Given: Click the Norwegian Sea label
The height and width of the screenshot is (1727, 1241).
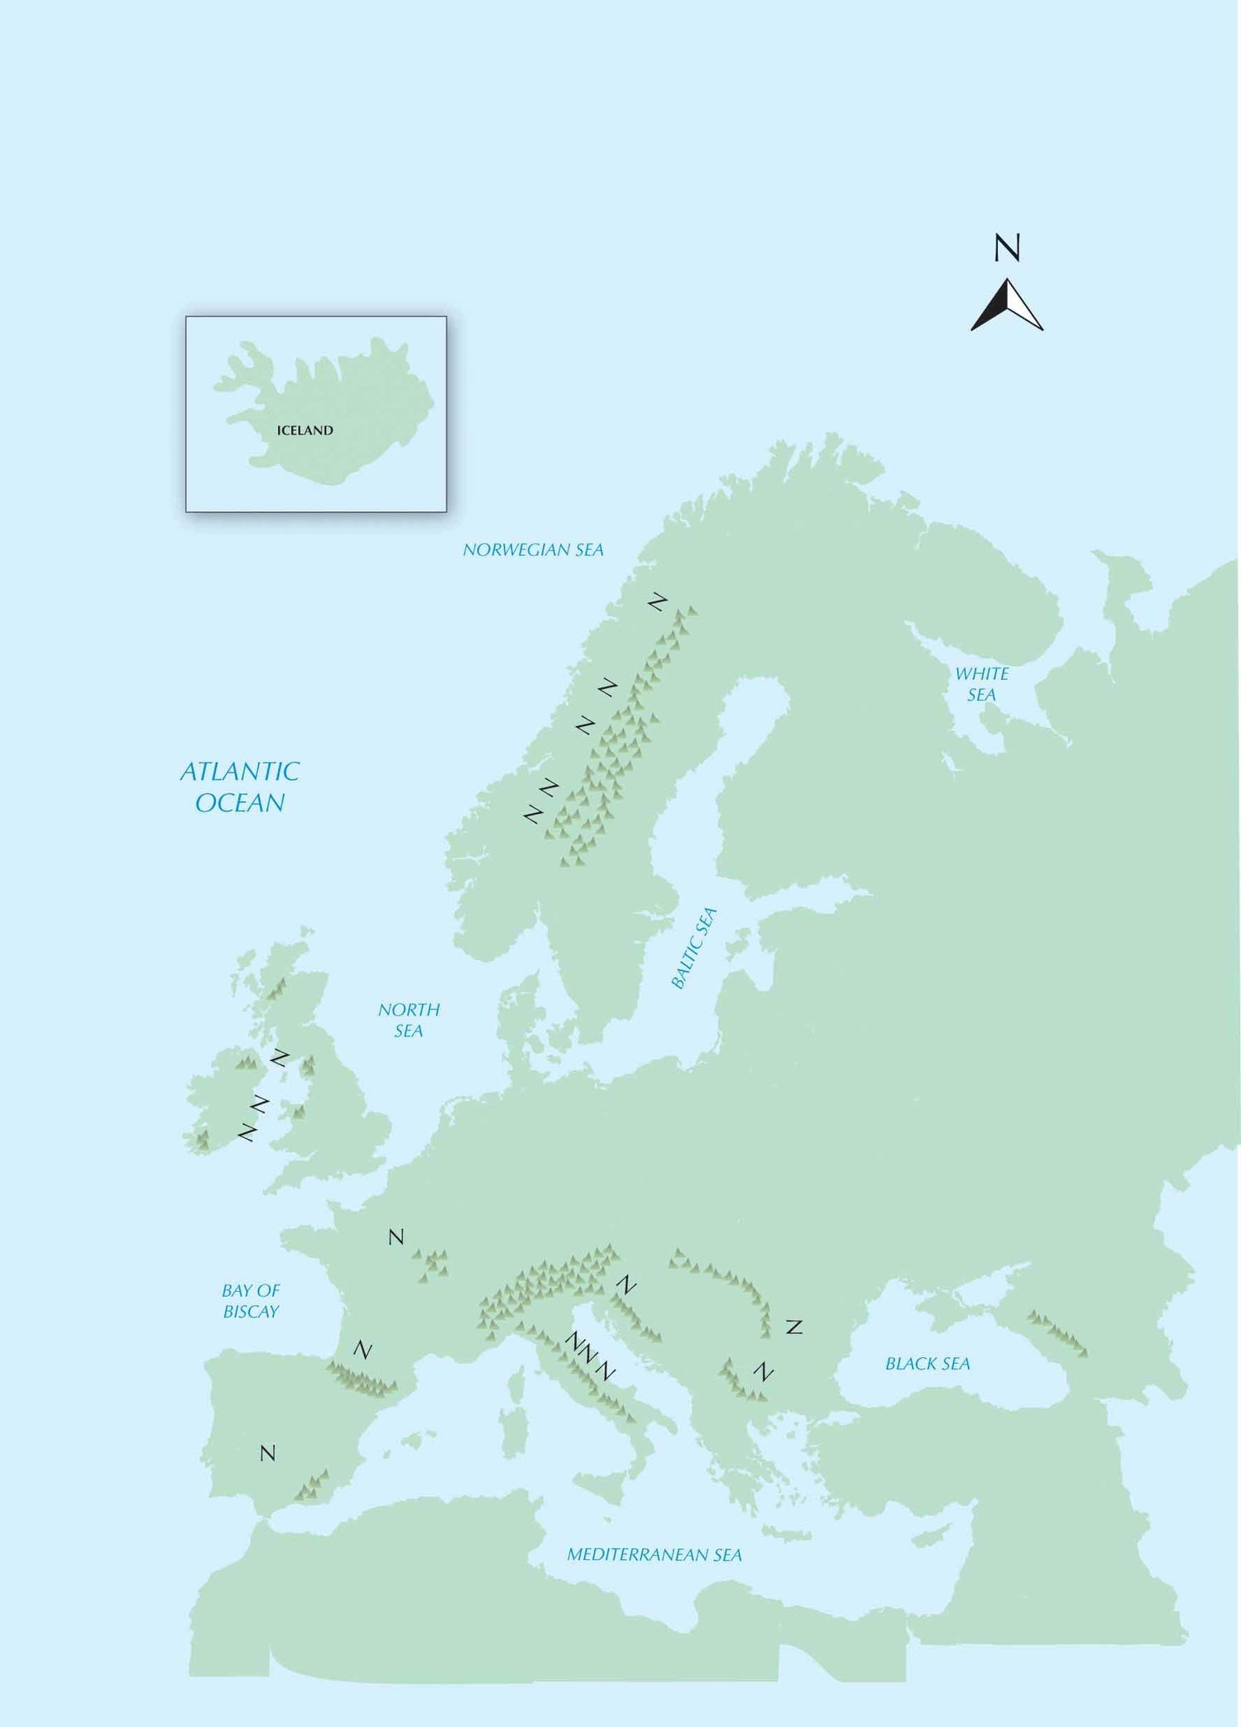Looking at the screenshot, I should [533, 550].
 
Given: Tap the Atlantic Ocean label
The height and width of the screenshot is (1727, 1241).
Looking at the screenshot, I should [240, 787].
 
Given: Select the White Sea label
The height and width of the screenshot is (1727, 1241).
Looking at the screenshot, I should [982, 684].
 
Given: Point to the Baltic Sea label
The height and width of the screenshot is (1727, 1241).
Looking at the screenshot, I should [694, 948].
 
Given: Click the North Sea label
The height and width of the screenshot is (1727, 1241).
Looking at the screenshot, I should [409, 1020].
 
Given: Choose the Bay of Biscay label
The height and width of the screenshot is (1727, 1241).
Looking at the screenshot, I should [251, 1300].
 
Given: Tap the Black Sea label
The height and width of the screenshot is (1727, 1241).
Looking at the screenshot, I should [927, 1364].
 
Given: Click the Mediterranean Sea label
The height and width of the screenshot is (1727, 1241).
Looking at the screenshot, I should [654, 1555].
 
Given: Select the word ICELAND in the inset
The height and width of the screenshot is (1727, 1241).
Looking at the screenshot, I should [304, 430].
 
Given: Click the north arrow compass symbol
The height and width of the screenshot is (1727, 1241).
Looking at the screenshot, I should [1007, 306].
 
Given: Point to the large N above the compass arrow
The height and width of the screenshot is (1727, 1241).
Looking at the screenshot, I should [1007, 248].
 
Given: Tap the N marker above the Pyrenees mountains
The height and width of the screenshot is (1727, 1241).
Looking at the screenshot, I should [362, 1350].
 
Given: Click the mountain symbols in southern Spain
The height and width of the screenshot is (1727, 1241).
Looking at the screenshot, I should [313, 1486].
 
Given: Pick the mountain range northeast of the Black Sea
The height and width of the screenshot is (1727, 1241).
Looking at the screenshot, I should [1057, 1333].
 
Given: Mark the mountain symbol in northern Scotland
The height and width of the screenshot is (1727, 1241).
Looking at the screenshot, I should [276, 988].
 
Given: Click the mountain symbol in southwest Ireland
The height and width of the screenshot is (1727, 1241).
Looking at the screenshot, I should [201, 1141].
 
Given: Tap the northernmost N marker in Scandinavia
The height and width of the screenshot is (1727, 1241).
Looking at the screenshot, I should [658, 602].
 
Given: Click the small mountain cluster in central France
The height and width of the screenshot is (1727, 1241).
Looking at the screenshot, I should [434, 1265].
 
